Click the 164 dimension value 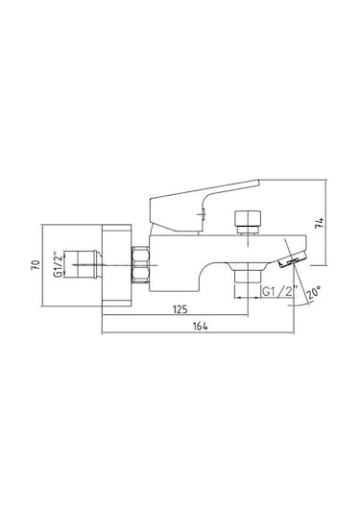200,326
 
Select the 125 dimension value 180,308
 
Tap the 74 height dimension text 320,223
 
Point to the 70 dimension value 36,265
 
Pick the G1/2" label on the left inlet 58,264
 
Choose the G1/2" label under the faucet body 280,291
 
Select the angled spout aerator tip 293,259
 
